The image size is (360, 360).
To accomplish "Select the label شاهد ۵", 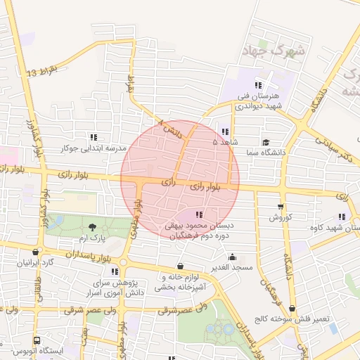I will click(224, 141).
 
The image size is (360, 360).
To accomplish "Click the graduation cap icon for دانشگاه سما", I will click(265, 141).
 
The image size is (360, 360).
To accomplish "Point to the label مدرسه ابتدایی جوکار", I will click(94, 148).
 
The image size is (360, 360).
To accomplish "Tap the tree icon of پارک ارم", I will click(93, 226).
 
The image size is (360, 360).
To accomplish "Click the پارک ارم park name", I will click(92, 239).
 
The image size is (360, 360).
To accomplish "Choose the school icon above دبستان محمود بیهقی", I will click(200, 214).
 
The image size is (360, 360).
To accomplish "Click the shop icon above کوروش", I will click(281, 207).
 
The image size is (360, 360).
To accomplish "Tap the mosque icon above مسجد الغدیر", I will click(233, 257).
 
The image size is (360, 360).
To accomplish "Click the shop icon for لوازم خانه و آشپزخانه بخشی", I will click(181, 266).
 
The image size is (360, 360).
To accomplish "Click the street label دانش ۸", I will click(170, 127).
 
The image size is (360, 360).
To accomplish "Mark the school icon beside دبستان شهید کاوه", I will click(342, 217).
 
